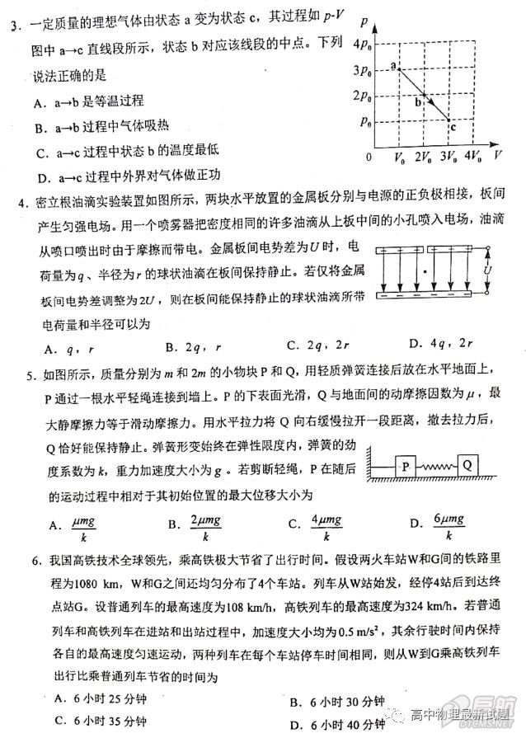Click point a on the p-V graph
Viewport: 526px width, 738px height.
399,69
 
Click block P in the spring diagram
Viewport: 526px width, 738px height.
405,465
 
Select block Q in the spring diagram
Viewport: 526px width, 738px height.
467,464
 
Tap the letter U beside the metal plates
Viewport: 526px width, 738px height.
489,270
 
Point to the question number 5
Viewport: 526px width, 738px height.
30,376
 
